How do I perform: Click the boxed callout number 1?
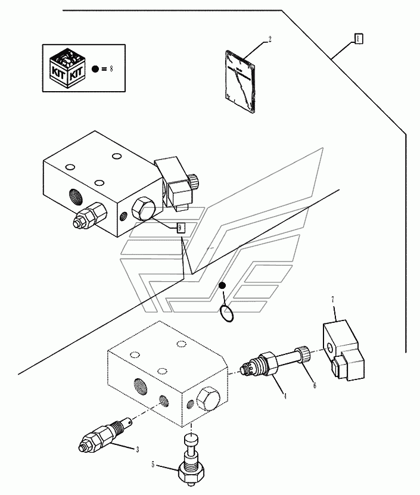(359, 38)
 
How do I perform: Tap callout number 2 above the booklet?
(269, 40)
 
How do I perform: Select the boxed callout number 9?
(181, 228)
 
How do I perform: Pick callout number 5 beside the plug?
(154, 465)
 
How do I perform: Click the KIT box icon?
(68, 68)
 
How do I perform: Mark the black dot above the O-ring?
(222, 287)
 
